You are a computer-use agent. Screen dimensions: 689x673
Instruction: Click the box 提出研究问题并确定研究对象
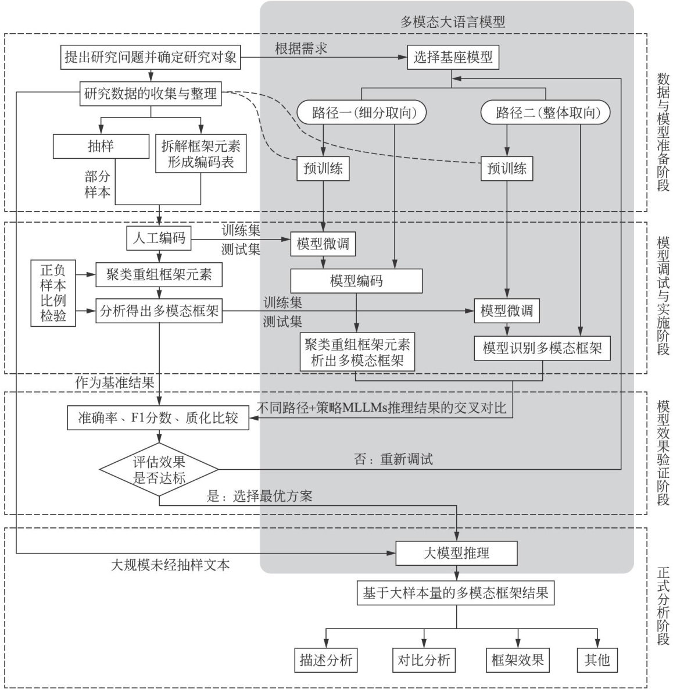[x=151, y=58]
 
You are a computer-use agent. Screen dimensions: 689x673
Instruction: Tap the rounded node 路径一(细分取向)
[x=361, y=113]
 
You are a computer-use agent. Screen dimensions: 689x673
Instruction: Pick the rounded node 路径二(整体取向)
[x=546, y=113]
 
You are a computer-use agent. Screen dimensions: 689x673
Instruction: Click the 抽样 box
[x=101, y=146]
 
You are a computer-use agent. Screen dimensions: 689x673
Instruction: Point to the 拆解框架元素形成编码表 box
[x=201, y=153]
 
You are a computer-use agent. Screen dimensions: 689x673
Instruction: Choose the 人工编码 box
[x=159, y=238]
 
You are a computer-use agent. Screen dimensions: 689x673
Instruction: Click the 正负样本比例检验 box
[x=53, y=293]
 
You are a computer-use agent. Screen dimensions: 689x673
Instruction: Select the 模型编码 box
[x=356, y=281]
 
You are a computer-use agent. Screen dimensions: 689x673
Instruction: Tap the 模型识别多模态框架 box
[x=542, y=348]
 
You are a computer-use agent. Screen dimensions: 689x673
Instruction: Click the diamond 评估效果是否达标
[x=159, y=470]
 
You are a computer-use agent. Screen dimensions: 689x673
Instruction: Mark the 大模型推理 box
[x=456, y=553]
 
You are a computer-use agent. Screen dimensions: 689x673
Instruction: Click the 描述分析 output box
[x=325, y=660]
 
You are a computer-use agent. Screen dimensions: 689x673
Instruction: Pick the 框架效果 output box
[x=517, y=660]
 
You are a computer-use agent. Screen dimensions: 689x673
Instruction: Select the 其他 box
[x=597, y=660]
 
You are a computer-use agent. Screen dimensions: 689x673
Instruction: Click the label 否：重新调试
[x=393, y=459]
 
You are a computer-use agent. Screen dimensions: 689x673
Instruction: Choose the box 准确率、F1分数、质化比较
[x=158, y=417]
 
